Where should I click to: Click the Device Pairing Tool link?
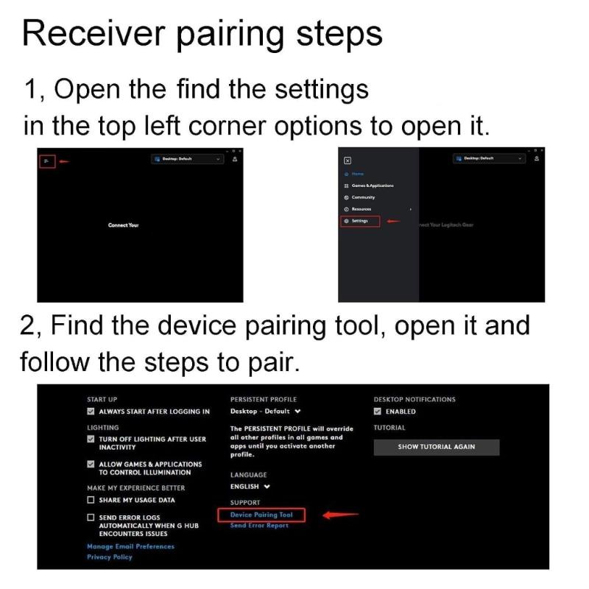[x=261, y=515]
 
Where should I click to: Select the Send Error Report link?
[x=259, y=526]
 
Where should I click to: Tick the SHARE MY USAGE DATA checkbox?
[x=91, y=500]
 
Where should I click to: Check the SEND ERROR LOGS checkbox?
[x=91, y=518]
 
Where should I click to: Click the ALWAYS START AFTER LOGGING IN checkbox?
[x=91, y=412]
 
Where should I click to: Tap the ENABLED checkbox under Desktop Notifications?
[x=378, y=412]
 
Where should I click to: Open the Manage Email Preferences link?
[x=130, y=546]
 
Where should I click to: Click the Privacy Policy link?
[x=110, y=557]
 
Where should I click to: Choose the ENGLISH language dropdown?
[x=250, y=487]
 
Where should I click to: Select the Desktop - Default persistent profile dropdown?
[x=265, y=412]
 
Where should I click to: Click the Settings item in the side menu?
[x=360, y=221]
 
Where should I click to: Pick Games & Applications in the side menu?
[x=373, y=186]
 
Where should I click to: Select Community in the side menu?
[x=363, y=197]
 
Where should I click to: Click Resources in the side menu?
[x=361, y=209]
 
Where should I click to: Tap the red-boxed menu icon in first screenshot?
[x=46, y=161]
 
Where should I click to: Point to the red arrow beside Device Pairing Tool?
[x=339, y=515]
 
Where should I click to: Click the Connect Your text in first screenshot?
[x=123, y=225]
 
